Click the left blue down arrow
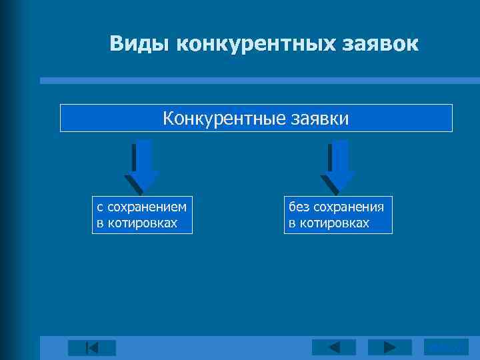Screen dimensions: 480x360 click(141, 167)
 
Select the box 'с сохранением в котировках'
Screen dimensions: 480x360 click(142, 215)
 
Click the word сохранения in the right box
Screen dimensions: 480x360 click(348, 207)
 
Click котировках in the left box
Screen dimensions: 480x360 click(145, 223)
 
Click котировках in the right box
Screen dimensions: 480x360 click(336, 223)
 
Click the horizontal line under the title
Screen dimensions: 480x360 click(259, 81)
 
